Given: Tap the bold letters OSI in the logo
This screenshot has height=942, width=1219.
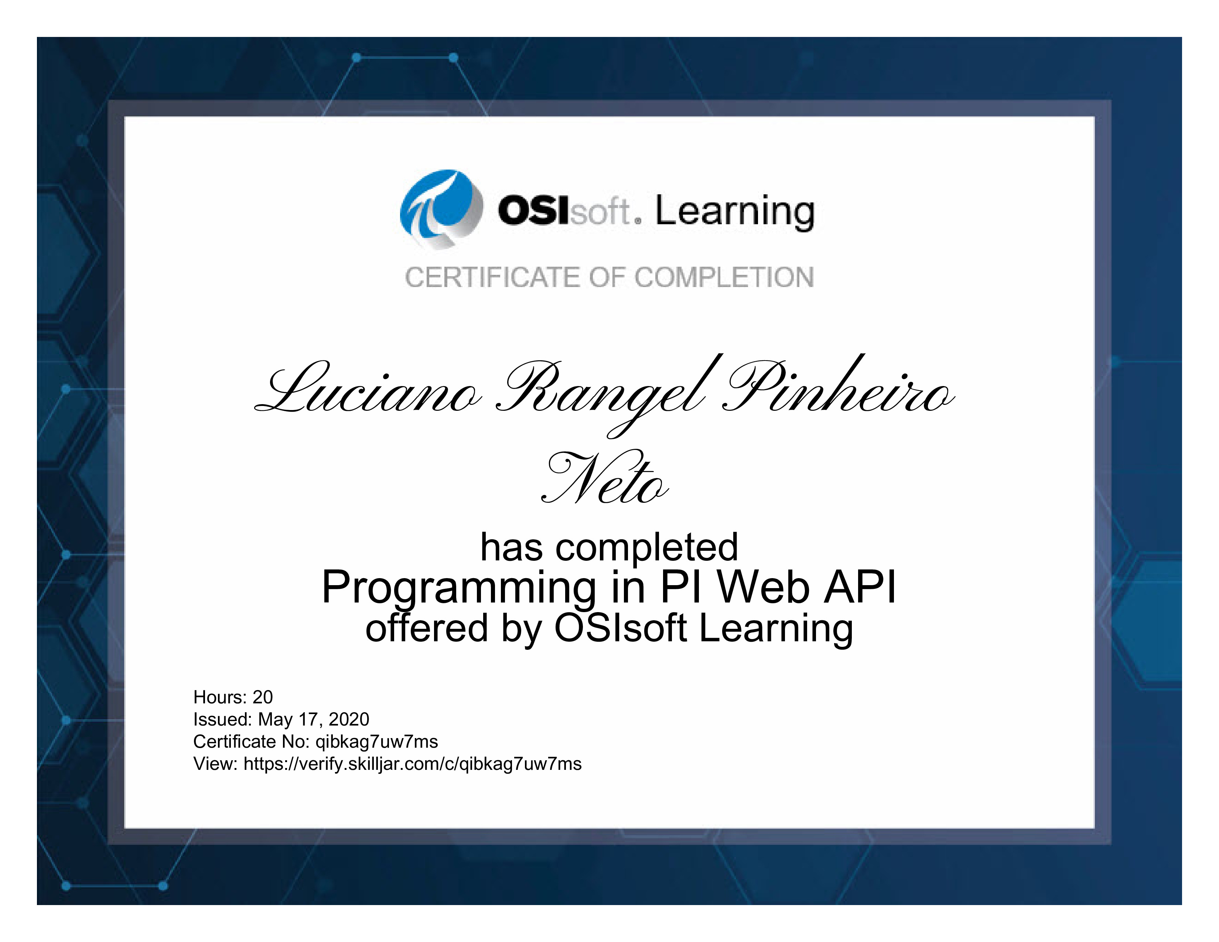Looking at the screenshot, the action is [534, 211].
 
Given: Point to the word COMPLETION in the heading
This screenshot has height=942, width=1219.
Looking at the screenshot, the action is [724, 277].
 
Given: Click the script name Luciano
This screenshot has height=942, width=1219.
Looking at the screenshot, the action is [367, 388].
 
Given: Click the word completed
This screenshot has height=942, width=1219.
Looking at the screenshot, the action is [647, 548].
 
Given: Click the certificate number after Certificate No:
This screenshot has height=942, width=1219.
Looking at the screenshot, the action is [377, 742].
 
